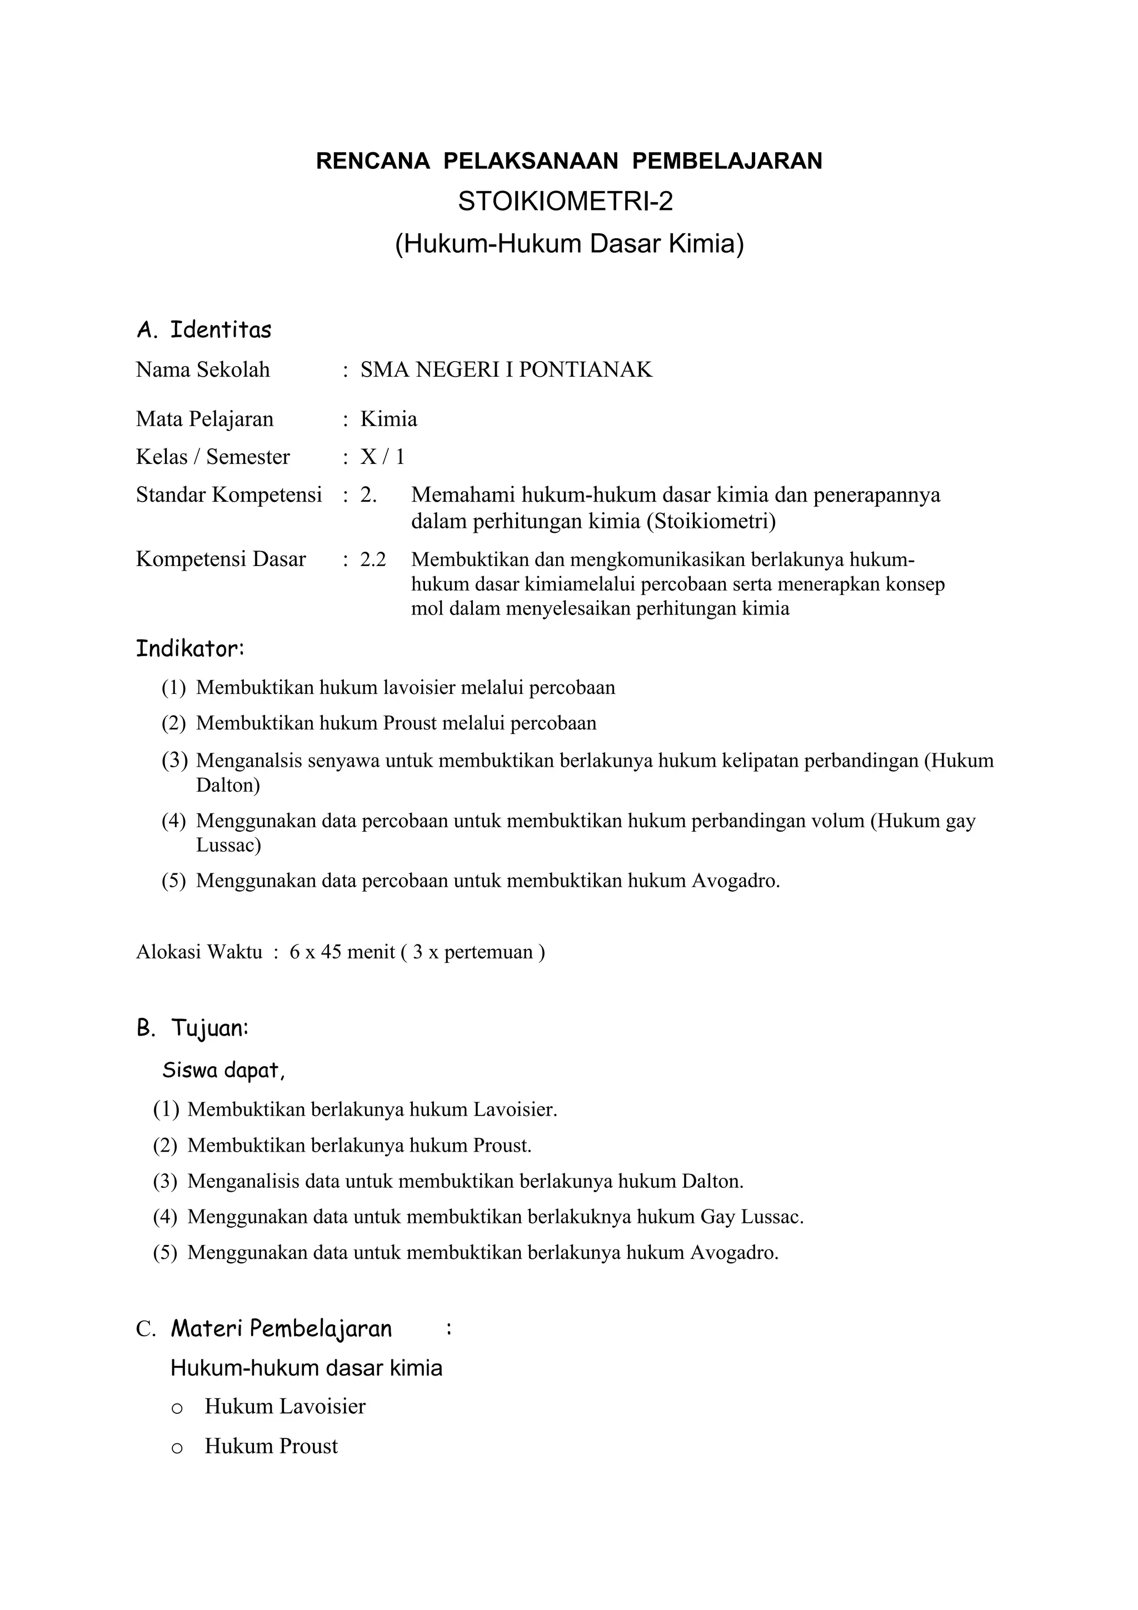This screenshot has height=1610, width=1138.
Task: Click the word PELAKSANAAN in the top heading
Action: [531, 161]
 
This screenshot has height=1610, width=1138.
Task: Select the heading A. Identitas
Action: [203, 329]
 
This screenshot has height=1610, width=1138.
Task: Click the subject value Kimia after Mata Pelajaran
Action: [388, 419]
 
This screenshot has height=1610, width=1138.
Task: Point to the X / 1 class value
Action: [382, 457]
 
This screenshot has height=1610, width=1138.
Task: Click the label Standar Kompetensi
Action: [228, 495]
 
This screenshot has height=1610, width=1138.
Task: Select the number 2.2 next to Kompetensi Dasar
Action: [373, 559]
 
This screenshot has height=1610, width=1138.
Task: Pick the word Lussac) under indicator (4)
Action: [228, 845]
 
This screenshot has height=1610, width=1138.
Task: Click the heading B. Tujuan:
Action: [192, 1029]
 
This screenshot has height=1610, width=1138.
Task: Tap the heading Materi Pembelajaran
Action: [281, 1329]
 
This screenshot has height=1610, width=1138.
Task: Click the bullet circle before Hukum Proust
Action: [177, 1447]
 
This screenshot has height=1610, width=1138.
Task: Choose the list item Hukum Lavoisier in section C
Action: [284, 1406]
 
